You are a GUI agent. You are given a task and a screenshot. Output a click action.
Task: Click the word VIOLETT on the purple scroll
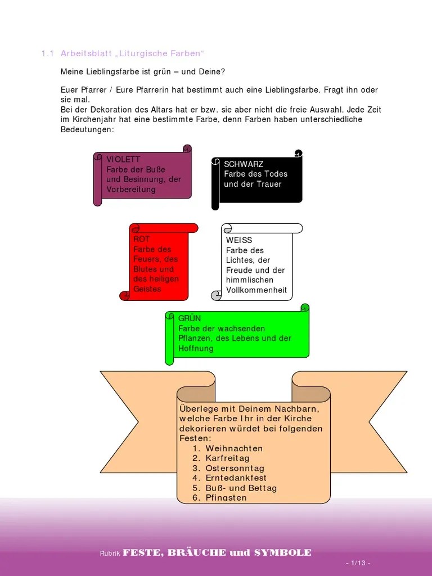click(123, 160)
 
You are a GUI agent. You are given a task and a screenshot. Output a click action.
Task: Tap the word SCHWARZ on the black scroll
click(244, 164)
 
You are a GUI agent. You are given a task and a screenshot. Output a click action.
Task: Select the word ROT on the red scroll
click(141, 239)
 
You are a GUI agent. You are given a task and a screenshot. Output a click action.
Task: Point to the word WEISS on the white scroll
click(239, 240)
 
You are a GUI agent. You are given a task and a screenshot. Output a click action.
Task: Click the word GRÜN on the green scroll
click(190, 318)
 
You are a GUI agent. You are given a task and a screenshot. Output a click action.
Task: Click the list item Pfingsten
click(226, 498)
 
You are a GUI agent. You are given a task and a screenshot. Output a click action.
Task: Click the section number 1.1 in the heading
click(47, 54)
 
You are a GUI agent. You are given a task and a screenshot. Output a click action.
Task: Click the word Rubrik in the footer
click(110, 553)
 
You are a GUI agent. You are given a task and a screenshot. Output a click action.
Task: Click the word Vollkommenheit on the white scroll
click(256, 290)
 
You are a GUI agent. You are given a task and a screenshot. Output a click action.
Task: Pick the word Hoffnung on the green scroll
click(196, 349)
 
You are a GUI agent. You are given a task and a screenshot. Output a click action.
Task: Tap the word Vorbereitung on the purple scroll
click(131, 190)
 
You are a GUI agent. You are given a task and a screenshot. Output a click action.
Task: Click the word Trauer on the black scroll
click(268, 184)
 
